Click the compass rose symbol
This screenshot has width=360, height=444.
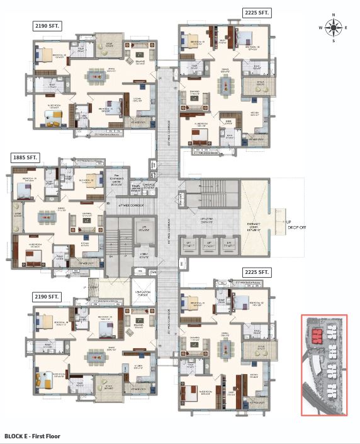(334, 27)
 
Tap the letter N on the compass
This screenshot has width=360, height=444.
(334, 16)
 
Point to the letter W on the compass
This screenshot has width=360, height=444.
(322, 28)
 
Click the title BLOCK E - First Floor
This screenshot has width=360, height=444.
(36, 435)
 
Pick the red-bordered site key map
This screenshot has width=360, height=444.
(323, 365)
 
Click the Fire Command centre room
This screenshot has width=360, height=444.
(116, 183)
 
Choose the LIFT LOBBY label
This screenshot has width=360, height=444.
(206, 222)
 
